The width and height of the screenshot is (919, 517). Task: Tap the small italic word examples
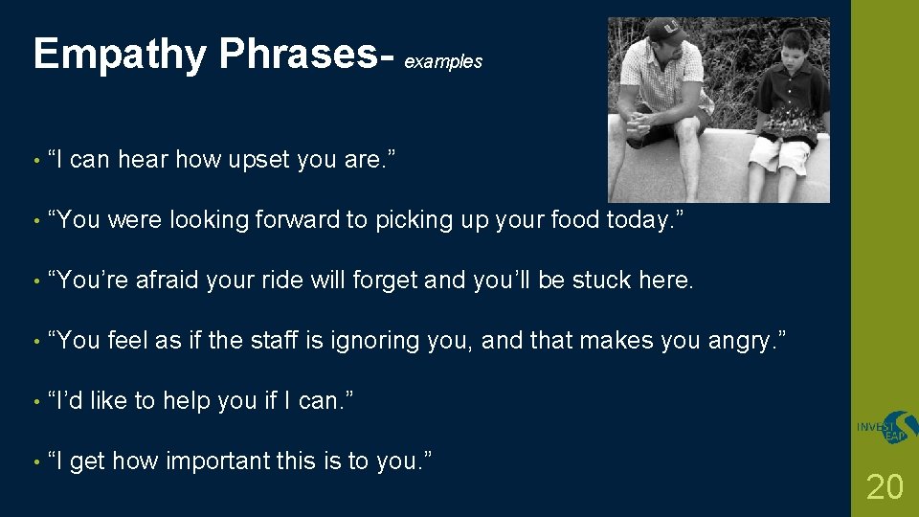(443, 62)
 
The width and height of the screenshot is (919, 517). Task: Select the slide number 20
(884, 486)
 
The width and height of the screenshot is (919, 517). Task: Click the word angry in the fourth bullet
(750, 341)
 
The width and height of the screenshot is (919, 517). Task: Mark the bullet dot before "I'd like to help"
(36, 401)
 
